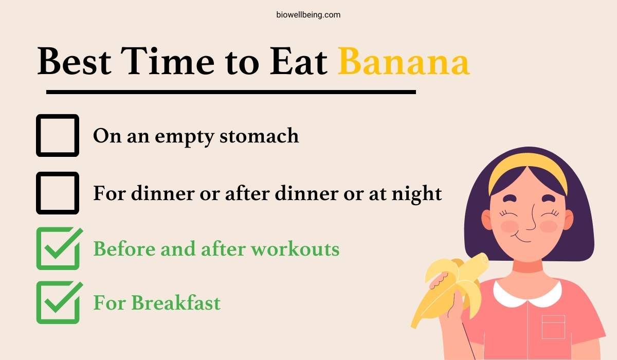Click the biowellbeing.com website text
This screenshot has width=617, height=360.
pos(308,15)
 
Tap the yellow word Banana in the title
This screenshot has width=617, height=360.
pos(404,61)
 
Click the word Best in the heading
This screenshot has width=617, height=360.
pos(75,61)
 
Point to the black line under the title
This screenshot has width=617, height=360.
pos(231,92)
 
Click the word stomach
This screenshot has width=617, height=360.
pos(259,136)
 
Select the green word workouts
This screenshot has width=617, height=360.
pos(295,249)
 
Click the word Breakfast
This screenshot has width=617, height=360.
pos(176,303)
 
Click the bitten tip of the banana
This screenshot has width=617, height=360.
pos(483,259)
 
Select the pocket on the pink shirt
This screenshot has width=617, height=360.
pos(553,327)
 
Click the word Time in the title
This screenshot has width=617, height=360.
pos(167,61)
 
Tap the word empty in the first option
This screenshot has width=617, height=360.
pos(184,137)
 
